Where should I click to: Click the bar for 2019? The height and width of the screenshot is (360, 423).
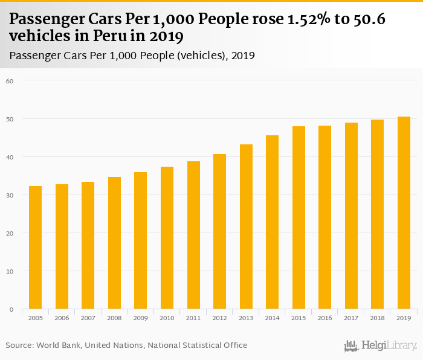coord(404,213)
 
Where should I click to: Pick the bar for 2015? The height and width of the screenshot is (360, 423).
coord(299,217)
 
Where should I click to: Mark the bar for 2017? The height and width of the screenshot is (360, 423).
coord(351,216)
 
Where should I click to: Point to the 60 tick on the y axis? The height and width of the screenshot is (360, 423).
coord(10,80)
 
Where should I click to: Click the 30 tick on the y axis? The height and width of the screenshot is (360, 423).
coord(10,195)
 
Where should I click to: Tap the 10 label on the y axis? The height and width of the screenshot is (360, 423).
coord(10,272)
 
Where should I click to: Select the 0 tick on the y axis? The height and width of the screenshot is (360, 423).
coord(11,310)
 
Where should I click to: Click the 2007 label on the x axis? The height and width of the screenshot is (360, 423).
coord(88,318)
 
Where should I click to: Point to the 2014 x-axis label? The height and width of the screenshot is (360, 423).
coord(272,318)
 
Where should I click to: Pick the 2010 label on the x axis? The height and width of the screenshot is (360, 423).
coord(167,318)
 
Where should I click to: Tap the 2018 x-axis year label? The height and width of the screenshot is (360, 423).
coord(377,318)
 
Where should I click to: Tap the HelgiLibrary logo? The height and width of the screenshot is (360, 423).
coord(381,346)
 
